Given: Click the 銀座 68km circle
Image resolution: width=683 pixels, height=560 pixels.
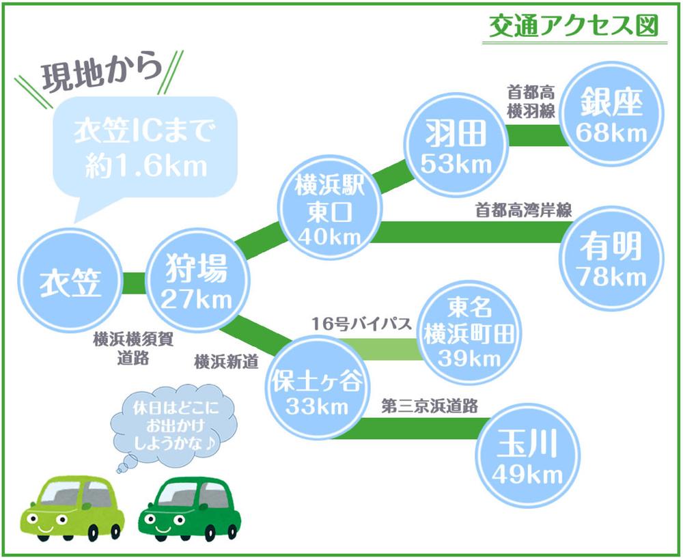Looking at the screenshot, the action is [x=611, y=115].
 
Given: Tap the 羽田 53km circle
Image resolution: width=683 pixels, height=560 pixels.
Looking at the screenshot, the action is [x=456, y=147].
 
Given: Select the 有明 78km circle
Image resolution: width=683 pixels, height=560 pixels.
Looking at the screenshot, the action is [x=611, y=259].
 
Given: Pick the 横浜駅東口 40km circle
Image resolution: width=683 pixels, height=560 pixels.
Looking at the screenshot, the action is [x=330, y=208].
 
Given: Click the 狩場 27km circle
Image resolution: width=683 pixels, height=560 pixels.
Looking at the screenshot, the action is [x=197, y=281].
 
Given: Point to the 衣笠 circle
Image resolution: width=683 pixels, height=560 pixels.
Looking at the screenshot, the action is [x=70, y=281].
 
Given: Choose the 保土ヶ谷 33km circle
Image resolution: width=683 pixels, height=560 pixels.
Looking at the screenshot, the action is [x=317, y=387].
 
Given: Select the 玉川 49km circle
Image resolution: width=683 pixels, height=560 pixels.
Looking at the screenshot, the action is [x=527, y=456].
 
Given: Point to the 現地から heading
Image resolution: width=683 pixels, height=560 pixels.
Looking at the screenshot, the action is [x=102, y=71].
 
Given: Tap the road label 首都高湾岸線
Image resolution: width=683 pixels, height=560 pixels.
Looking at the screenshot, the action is [x=523, y=210].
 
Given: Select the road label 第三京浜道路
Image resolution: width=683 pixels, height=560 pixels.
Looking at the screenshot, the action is [x=430, y=406].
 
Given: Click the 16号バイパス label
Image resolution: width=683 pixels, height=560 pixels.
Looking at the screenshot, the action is [x=361, y=324].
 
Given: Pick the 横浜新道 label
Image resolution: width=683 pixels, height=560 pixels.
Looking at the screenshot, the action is [x=227, y=361].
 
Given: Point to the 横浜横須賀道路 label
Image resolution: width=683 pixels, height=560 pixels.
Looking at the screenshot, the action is [x=133, y=348].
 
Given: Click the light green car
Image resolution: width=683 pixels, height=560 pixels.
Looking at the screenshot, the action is [x=73, y=508].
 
